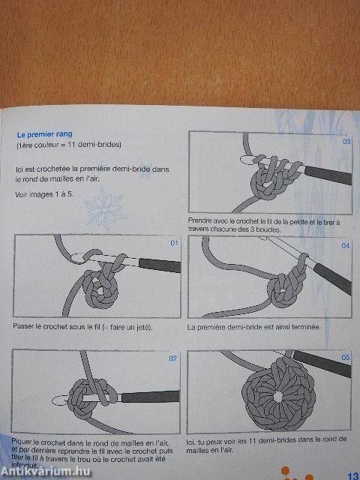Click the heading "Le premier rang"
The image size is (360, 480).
43,136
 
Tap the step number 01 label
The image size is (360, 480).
175,243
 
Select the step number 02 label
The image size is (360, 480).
172,358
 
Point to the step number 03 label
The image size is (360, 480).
346,141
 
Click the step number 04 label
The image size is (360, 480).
346,246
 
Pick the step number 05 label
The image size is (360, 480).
346,358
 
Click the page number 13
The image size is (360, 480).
352,473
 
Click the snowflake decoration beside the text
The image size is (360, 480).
103,211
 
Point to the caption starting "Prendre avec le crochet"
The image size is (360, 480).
264,224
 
